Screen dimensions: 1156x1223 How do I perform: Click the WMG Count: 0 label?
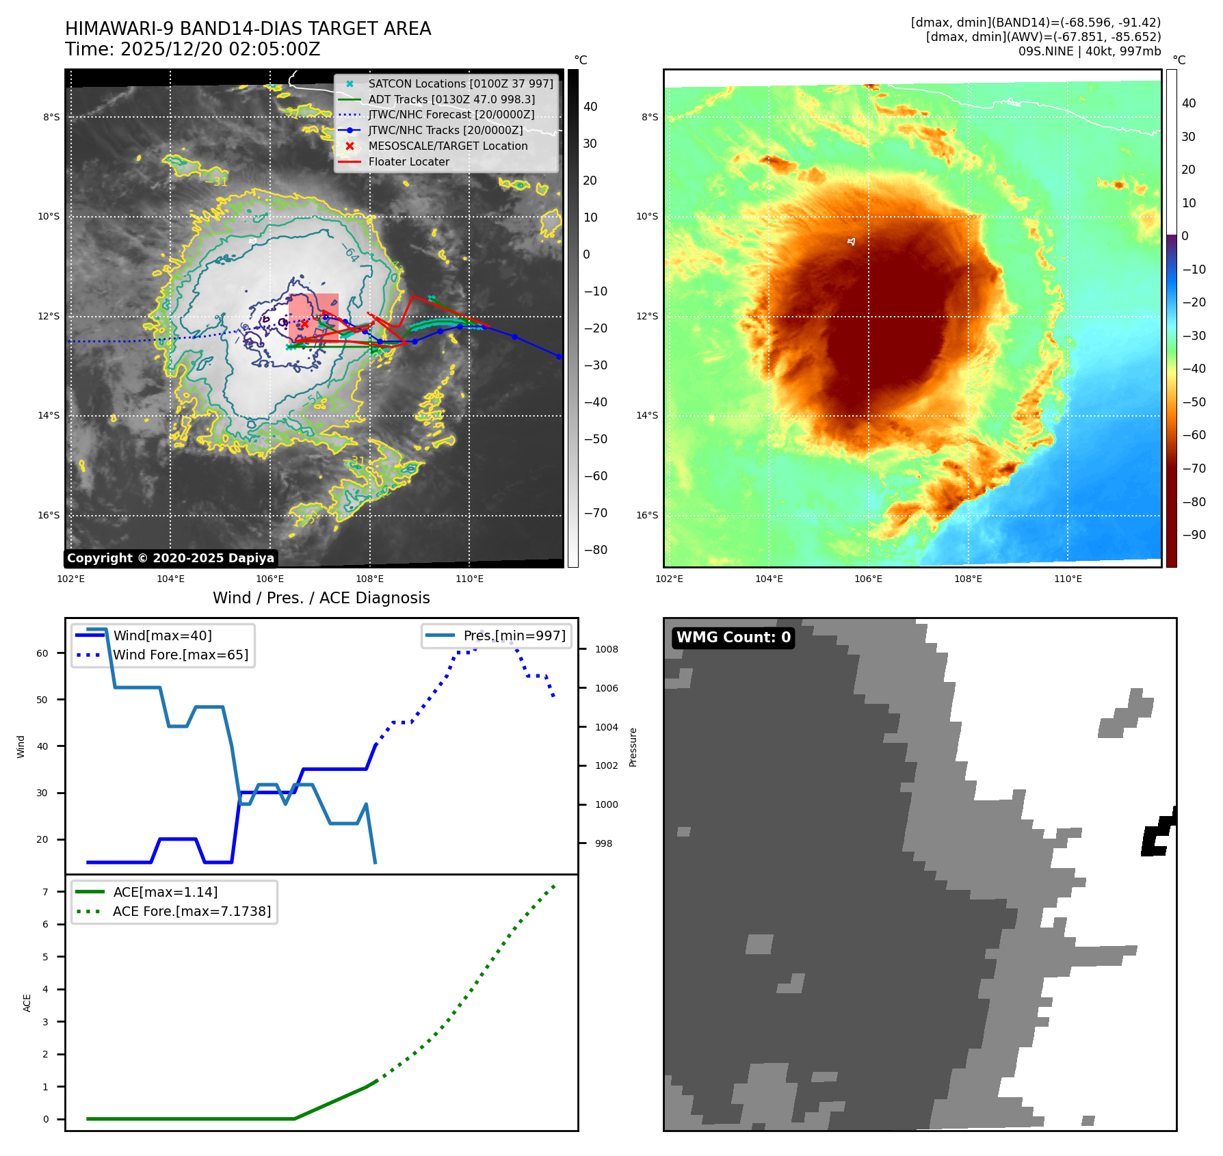pos(733,638)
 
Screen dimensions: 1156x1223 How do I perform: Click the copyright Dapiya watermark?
pos(170,558)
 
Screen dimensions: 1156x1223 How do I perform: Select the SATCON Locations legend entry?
pos(460,83)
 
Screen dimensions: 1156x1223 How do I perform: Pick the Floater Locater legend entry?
pos(408,162)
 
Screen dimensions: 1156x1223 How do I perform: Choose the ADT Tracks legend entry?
pos(451,99)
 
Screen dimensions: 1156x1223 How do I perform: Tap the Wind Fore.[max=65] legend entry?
pos(181,655)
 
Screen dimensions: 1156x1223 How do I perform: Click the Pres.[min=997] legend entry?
pos(514,635)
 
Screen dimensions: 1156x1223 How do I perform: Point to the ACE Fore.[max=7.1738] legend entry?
pos(192,911)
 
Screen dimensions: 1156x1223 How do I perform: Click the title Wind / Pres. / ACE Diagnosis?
pos(321,598)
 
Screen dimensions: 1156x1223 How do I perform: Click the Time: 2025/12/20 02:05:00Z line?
pos(192,49)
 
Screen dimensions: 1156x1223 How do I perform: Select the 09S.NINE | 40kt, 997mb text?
pos(1089,51)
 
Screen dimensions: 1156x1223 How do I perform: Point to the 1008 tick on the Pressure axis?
pos(606,649)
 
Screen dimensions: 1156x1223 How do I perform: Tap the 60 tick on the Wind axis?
pos(42,653)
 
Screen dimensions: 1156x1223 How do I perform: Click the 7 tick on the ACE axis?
pos(46,892)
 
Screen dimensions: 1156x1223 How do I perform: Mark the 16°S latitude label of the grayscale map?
pos(49,516)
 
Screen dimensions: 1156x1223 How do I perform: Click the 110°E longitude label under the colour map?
pos(1068,579)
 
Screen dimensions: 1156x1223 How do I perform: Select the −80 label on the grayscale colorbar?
pos(595,550)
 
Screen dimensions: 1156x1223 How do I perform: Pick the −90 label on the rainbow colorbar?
pos(1194,535)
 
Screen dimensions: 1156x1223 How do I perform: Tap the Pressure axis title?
pos(633,747)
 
